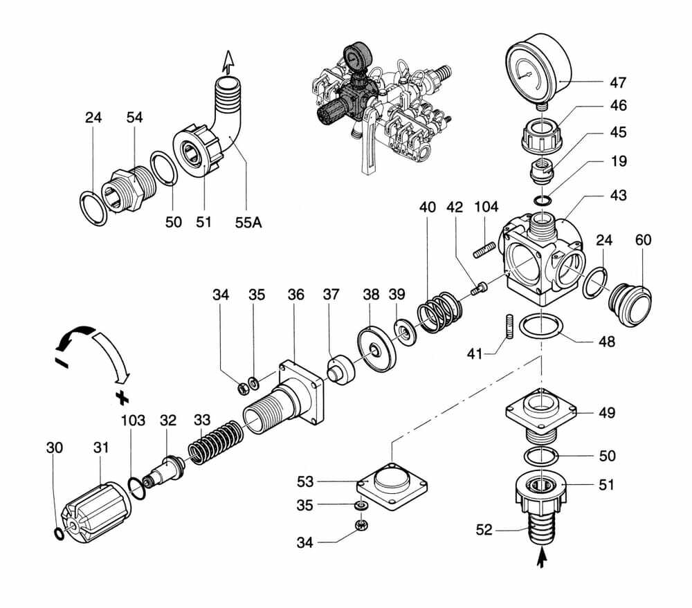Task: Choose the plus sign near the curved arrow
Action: tap(123, 397)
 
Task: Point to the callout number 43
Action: tap(618, 196)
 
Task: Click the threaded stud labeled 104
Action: tap(484, 248)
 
